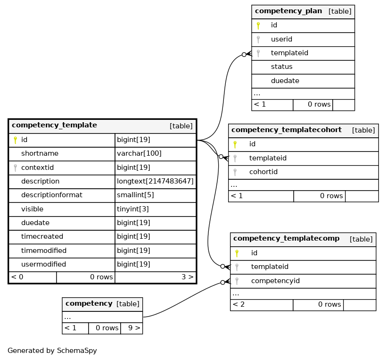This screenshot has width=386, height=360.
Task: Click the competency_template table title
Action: (54, 125)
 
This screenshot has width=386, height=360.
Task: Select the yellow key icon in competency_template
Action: (15, 140)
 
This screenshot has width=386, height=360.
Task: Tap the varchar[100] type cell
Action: (139, 153)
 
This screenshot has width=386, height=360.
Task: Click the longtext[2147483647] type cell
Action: (155, 181)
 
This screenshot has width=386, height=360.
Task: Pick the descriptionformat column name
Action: (52, 195)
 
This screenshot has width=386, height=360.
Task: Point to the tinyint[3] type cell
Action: (133, 209)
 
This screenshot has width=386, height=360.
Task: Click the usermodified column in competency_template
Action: (43, 264)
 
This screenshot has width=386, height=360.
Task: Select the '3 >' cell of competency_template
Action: (187, 277)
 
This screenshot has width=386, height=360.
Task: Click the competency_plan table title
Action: (288, 11)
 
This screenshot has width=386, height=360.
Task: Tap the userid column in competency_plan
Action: (281, 39)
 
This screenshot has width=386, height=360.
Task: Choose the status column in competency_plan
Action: (282, 67)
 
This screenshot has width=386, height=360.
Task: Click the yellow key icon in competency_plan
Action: (258, 25)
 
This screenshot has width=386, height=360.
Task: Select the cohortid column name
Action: (263, 172)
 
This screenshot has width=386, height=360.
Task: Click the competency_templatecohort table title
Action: (286, 130)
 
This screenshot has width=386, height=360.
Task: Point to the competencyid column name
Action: (275, 281)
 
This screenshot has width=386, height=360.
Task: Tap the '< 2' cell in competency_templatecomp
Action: (238, 304)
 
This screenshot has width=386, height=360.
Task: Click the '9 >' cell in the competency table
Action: (134, 328)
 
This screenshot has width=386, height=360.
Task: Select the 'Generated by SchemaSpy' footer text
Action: (52, 351)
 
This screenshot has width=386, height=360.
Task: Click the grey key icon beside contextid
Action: (15, 168)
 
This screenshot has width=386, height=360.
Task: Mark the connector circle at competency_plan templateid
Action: (244, 54)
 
